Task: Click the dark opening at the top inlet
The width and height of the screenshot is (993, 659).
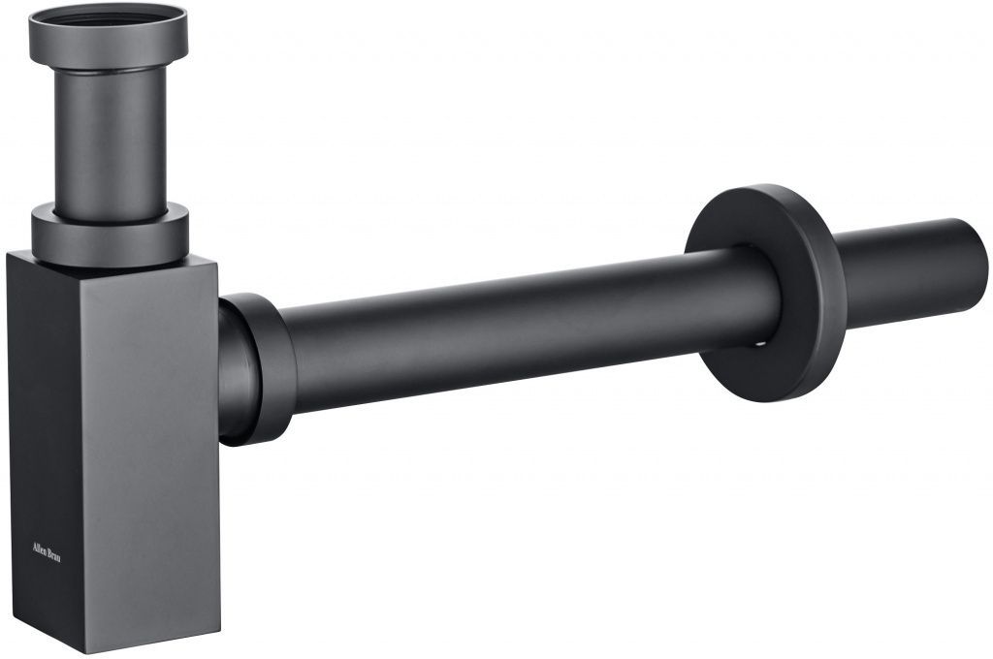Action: (x=108, y=16)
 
